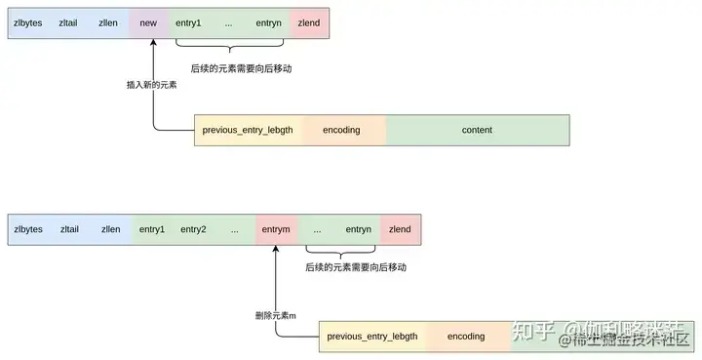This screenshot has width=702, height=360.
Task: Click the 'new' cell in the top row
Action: (148, 22)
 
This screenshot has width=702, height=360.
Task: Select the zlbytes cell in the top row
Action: (28, 22)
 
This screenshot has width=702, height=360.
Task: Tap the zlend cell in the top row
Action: (309, 22)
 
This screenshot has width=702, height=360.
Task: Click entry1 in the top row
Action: (188, 22)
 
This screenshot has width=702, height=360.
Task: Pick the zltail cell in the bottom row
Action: (69, 229)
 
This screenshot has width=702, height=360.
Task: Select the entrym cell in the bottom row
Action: (276, 229)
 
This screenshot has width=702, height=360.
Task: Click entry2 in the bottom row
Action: (192, 229)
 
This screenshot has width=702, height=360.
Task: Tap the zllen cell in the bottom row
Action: (110, 229)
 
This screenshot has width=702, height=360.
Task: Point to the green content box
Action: (477, 130)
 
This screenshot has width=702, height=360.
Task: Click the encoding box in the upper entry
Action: (341, 130)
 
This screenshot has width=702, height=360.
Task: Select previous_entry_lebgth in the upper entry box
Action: (248, 130)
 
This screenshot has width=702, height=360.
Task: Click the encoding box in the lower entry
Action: (466, 337)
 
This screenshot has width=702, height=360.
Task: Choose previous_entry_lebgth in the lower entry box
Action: (372, 337)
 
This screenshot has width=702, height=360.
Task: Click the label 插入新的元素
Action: (151, 85)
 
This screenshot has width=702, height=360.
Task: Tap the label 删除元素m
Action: (274, 315)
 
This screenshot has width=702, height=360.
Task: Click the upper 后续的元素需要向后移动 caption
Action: (242, 69)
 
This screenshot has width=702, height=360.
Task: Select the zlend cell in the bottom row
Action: (400, 229)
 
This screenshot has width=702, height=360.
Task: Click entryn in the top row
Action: (268, 22)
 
